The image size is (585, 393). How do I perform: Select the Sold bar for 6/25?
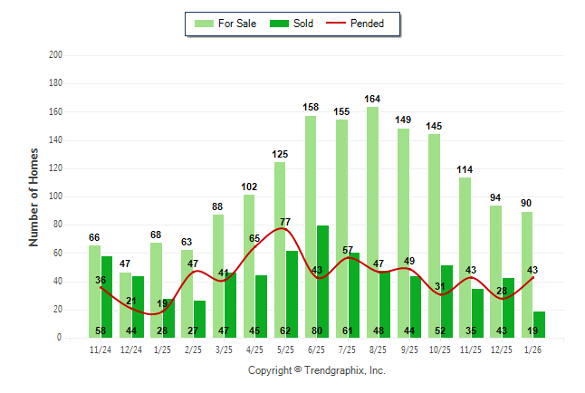[323, 281]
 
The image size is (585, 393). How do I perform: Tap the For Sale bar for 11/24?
[94, 291]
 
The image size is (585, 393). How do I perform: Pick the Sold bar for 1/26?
[540, 324]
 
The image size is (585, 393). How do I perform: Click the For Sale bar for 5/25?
[280, 249]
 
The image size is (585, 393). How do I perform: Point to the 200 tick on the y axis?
[55, 55]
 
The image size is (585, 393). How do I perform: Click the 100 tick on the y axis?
[55, 196]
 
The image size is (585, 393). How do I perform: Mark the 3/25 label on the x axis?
[224, 348]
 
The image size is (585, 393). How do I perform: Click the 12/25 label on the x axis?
[502, 348]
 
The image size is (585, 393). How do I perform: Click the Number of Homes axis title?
[34, 196]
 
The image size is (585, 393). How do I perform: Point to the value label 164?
[372, 99]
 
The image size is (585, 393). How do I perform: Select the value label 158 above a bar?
[311, 107]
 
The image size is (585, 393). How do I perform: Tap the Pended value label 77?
[285, 222]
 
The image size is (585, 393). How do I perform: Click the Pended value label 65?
[254, 238]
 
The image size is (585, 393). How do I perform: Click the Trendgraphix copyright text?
[316, 370]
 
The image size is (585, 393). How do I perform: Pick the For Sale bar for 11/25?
[465, 257]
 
